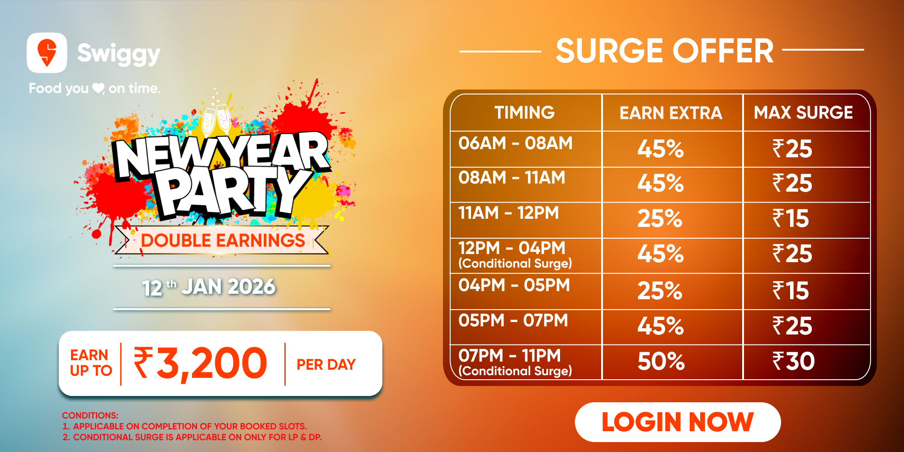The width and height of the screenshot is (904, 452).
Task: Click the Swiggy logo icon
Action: click(47, 52)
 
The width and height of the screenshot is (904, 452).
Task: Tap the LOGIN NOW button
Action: click(678, 422)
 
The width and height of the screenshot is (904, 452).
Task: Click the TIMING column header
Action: click(524, 113)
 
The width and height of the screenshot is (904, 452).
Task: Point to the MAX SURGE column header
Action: click(803, 113)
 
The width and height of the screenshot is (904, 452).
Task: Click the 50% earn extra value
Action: click(661, 361)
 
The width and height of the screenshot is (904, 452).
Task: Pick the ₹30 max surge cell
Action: click(793, 361)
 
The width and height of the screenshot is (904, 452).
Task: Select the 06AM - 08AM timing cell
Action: click(515, 143)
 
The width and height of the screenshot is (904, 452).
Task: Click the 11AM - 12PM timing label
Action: click(508, 213)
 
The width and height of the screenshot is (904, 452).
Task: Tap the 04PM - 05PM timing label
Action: click(514, 285)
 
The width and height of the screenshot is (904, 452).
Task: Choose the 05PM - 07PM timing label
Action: click(513, 320)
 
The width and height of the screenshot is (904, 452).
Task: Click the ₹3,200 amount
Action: click(200, 363)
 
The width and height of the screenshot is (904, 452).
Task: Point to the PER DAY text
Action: click(326, 364)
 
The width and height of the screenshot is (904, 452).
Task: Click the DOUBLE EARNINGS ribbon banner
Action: click(221, 240)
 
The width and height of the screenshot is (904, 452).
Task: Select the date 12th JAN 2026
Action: click(208, 287)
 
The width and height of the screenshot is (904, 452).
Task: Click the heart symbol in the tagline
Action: click(98, 88)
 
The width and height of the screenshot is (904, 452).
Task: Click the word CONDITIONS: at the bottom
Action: click(90, 415)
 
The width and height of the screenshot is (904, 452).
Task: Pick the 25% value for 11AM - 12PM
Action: click(659, 219)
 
